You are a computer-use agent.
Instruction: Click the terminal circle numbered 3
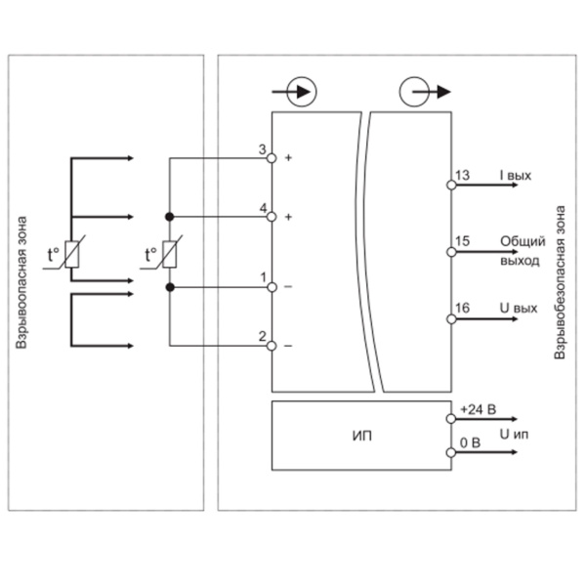tap(272, 158)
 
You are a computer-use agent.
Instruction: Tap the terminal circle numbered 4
tap(272, 217)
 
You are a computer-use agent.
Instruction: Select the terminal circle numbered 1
tap(272, 287)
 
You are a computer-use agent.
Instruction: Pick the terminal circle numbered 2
tap(272, 346)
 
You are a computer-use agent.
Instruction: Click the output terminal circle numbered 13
tap(451, 185)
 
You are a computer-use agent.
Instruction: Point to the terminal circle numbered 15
tap(451, 252)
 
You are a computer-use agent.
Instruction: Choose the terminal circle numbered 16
tap(451, 319)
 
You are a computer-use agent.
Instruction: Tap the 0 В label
tap(470, 442)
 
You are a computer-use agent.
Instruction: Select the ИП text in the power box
tap(362, 436)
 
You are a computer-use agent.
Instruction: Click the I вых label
tap(516, 175)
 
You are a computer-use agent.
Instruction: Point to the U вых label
tap(519, 309)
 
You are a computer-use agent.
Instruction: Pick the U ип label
tap(514, 435)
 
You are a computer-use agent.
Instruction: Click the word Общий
tap(523, 241)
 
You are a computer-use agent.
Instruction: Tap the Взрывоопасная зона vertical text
tap(21, 282)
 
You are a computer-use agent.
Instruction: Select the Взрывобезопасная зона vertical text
tap(560, 282)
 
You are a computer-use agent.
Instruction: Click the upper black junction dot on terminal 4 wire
tap(170, 217)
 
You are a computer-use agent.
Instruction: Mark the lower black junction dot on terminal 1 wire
tap(170, 287)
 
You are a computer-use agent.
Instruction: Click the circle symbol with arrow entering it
tap(302, 92)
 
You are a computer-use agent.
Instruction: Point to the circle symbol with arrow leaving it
tap(414, 92)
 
